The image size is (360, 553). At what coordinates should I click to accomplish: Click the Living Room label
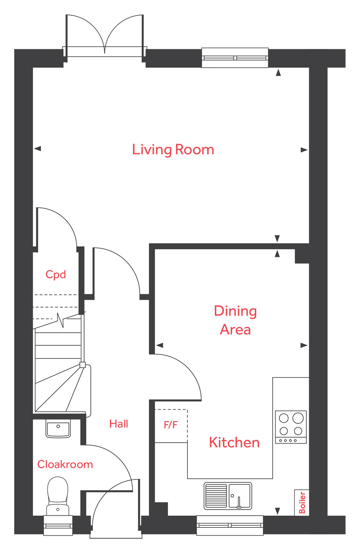point(173,150)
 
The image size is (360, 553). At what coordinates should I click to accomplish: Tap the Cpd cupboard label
point(56,274)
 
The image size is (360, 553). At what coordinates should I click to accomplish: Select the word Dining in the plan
point(235,311)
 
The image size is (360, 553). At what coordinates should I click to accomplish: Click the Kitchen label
point(234,442)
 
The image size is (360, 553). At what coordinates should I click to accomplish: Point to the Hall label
point(118,424)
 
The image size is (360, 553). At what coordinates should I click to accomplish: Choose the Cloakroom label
point(65,464)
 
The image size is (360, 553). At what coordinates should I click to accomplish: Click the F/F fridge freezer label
point(170,425)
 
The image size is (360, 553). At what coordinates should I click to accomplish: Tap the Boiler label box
point(302,502)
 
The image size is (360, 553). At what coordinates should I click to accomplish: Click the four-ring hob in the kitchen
point(291,427)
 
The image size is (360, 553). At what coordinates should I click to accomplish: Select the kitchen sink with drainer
point(227,495)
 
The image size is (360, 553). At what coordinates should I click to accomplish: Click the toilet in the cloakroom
point(58,495)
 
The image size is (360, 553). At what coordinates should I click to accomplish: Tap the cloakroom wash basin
point(58,428)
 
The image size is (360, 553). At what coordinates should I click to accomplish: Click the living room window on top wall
point(235,58)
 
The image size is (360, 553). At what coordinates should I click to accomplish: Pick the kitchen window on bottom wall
point(230,525)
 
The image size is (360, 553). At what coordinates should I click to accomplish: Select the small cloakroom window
point(58,525)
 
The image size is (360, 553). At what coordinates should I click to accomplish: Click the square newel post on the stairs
point(83,365)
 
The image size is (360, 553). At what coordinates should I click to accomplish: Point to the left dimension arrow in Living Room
point(38,149)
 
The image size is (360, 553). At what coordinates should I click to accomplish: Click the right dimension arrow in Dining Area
point(304,345)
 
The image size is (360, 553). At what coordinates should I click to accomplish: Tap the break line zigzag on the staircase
point(60,320)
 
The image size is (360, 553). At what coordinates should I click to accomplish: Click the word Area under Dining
point(235,330)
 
